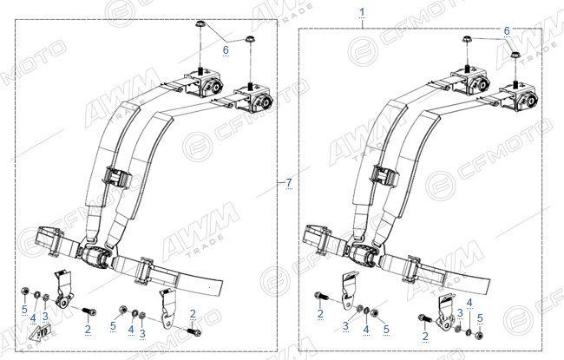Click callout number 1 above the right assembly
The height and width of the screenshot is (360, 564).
click(x=362, y=13)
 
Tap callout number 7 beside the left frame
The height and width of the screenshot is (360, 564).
click(x=289, y=183)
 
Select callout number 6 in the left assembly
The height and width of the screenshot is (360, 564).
click(x=226, y=50)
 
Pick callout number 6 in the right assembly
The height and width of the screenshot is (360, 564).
click(x=507, y=31)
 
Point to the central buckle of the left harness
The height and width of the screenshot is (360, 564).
click(x=95, y=258)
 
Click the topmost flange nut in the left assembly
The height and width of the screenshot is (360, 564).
click(x=200, y=25)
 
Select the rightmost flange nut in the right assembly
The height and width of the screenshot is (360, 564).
click(x=515, y=56)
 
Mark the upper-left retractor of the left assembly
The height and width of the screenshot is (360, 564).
click(x=203, y=82)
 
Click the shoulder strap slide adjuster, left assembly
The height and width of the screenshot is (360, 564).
click(x=117, y=176)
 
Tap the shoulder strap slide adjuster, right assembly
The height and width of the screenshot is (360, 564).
click(x=385, y=175)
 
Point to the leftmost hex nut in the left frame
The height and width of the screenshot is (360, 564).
click(x=25, y=291)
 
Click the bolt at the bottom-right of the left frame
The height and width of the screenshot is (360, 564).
click(x=194, y=331)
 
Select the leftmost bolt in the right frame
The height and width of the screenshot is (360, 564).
click(x=322, y=296)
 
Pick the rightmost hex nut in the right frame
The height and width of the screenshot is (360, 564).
click(x=479, y=336)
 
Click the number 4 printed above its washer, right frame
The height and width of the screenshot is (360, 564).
click(x=469, y=303)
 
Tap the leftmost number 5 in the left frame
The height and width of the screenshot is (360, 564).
click(x=24, y=309)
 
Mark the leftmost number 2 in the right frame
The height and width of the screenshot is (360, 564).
click(x=320, y=314)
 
